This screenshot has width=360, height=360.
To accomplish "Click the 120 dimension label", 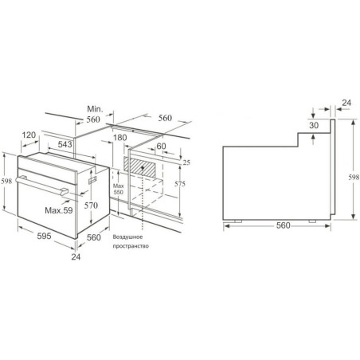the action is [x=29, y=135].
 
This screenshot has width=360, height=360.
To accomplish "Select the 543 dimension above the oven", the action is [x=65, y=144].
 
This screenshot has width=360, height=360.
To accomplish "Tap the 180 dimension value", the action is [x=120, y=138].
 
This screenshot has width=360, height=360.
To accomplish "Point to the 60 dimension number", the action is [x=161, y=146].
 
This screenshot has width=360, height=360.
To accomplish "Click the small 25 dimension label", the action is [x=186, y=162].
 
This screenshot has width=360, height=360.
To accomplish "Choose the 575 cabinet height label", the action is [x=180, y=184].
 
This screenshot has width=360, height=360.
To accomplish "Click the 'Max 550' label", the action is [x=118, y=189].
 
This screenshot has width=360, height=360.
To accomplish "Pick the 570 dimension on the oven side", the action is [x=91, y=205].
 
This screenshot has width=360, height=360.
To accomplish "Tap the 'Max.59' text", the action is [x=59, y=210].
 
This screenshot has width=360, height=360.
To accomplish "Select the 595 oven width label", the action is [x=44, y=236].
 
